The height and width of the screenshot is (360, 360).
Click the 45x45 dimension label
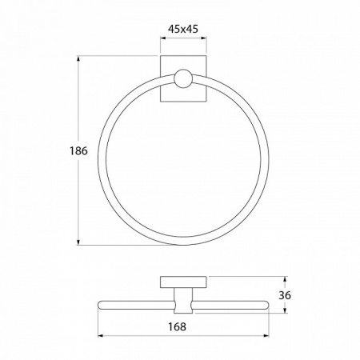(183, 29)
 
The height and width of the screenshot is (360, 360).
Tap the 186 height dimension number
(78, 151)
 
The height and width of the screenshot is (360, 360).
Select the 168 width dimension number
(177, 326)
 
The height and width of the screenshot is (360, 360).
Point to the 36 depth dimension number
(285, 295)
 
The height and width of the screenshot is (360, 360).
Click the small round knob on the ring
(183, 79)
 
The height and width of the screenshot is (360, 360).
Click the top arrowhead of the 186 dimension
(78, 58)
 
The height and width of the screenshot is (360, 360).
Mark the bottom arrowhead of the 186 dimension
(78, 242)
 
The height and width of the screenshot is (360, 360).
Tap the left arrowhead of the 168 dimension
(101, 335)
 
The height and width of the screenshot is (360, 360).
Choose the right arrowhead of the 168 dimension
(266, 335)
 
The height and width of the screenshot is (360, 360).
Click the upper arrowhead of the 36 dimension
(285, 279)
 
